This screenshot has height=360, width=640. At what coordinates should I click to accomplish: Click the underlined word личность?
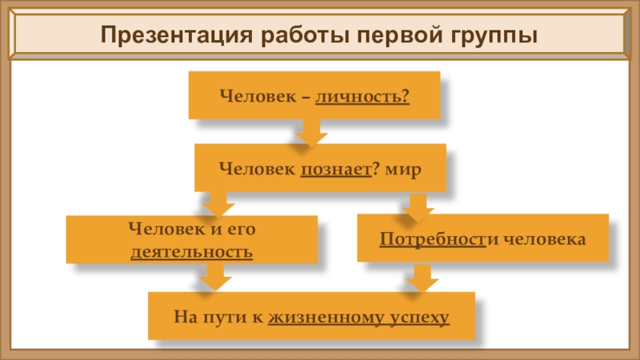pos(362,96)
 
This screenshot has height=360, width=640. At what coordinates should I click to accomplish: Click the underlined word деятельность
pos(192,253)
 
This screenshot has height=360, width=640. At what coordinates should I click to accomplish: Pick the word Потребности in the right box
pos(433,239)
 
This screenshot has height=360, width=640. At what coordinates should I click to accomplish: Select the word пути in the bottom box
pos(214,318)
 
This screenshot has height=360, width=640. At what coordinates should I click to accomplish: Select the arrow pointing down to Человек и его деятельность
pos(213,203)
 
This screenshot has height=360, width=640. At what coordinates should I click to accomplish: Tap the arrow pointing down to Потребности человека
pos(417,208)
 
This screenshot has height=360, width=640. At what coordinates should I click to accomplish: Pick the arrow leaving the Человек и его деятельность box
pos(213,278)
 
